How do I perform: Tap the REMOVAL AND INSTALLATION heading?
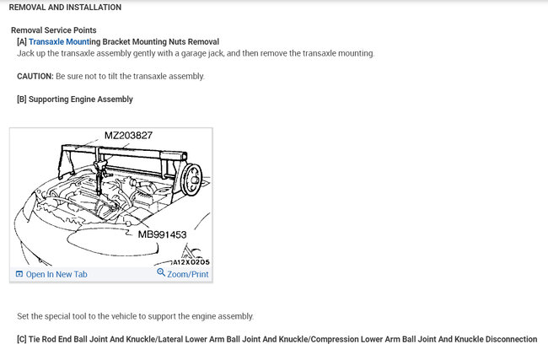[65, 8]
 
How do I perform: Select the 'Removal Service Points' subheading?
[53, 30]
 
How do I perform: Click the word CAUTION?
[35, 76]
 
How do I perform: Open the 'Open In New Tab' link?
[56, 274]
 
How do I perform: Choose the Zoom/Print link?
[188, 274]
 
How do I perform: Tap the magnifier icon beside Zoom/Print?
[161, 273]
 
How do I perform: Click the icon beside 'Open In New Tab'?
[19, 274]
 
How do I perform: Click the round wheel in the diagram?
[191, 177]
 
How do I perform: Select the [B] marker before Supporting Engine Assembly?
[22, 99]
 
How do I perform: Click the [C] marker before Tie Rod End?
[22, 339]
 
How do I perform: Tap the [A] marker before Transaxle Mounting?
[22, 41]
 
